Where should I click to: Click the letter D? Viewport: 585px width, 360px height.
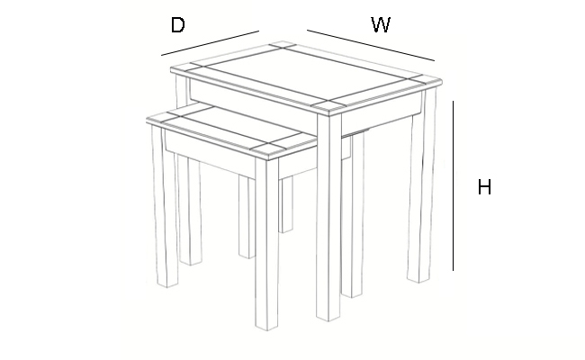(177, 25)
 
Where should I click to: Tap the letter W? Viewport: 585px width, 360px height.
(381, 24)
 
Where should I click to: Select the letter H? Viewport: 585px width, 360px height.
(484, 187)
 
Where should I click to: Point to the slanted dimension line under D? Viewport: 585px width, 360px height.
(210, 43)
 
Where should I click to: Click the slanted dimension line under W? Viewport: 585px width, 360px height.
(371, 45)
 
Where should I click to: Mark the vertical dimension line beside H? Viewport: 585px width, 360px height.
(454, 185)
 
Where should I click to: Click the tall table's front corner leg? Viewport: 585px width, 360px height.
(328, 216)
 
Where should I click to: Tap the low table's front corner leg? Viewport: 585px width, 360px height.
(266, 245)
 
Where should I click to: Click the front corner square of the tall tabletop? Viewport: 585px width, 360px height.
(328, 106)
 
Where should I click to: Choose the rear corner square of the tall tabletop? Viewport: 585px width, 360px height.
(283, 46)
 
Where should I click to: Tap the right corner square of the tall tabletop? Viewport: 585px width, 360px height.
(426, 79)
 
